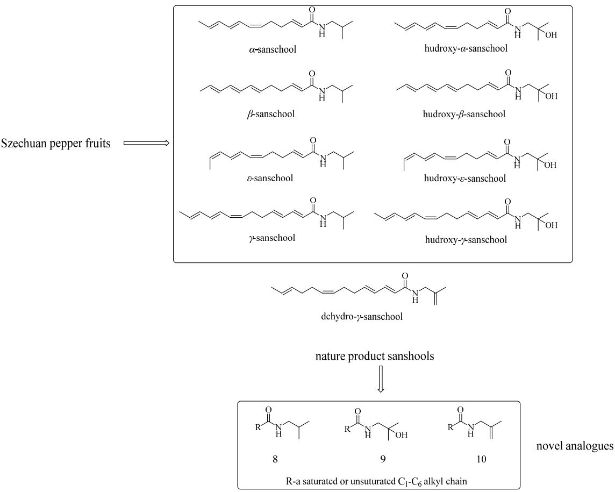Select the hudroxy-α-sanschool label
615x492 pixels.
(466, 48)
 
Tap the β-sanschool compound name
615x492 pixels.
(270, 114)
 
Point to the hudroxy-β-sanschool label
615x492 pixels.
(464, 114)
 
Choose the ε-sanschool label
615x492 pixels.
(270, 178)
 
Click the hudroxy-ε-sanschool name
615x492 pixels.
(465, 179)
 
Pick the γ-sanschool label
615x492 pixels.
(272, 238)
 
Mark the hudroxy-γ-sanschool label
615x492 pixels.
(466, 240)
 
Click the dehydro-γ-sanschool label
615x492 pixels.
(362, 316)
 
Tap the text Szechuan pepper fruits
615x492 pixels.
(56, 143)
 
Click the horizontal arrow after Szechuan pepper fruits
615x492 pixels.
(146, 143)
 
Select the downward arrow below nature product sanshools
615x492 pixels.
(380, 379)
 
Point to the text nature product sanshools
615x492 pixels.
(375, 356)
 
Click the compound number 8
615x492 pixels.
(275, 459)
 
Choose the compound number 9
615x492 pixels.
(382, 459)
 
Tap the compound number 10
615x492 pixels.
(481, 459)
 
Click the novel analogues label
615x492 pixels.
(575, 446)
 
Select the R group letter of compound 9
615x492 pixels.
(347, 429)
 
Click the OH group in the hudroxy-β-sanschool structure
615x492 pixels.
(552, 96)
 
